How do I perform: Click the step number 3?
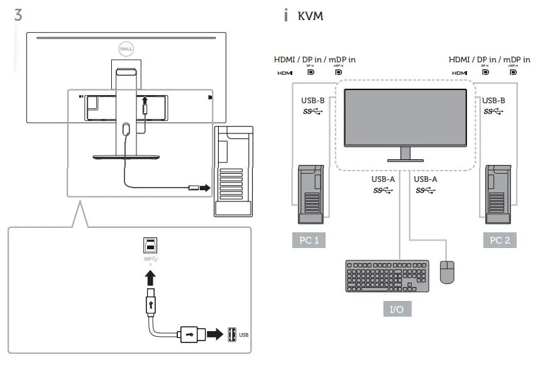pos(18,16)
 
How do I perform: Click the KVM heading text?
pos(310,16)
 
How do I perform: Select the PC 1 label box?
pos(309,240)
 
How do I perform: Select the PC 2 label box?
pos(500,240)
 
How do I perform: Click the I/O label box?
pos(397,310)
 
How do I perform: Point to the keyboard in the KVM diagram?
pos(387,276)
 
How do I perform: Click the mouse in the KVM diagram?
pos(447,273)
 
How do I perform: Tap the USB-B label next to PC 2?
pos(494,100)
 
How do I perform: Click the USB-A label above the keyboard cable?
pos(383,179)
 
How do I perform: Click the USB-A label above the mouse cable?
pos(425,179)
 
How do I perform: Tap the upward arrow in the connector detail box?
pos(150,277)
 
